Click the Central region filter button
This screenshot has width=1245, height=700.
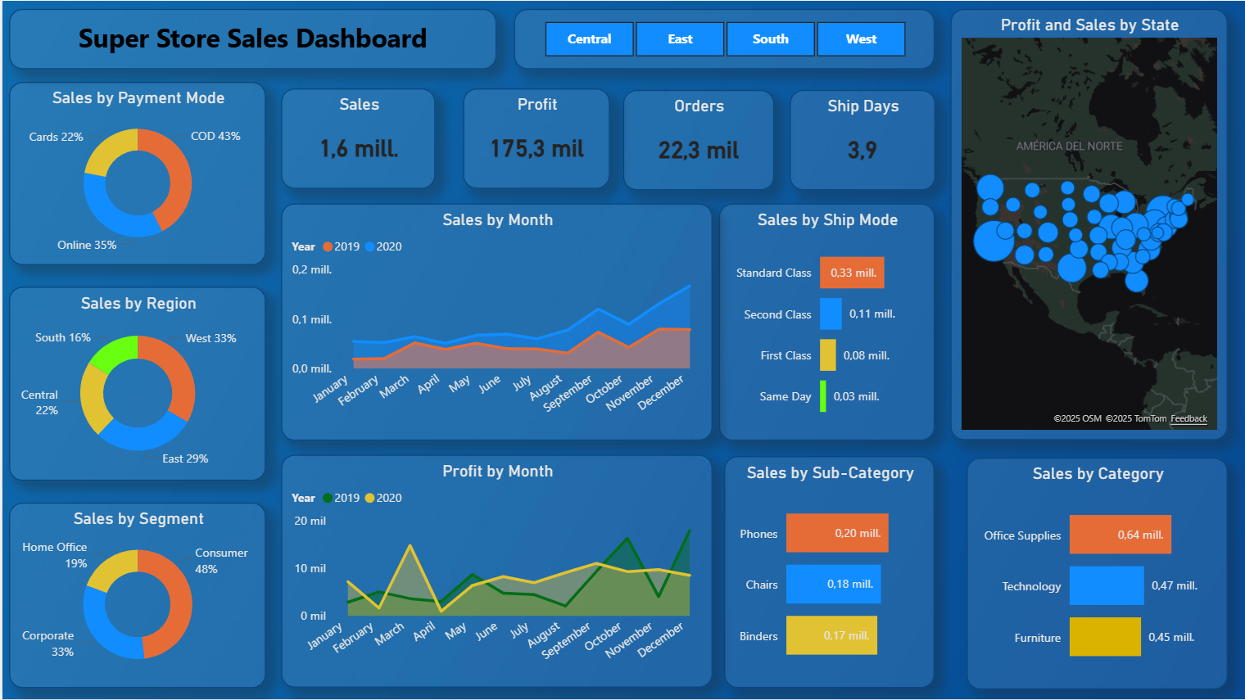589,39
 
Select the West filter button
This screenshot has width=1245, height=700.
861,39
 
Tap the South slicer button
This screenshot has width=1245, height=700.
770,39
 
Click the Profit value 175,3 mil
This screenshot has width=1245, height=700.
536,149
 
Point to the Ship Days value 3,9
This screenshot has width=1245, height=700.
862,151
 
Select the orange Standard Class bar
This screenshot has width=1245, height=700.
852,273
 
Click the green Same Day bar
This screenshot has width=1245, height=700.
823,396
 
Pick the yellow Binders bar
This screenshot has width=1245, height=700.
831,635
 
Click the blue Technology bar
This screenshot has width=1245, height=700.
1106,585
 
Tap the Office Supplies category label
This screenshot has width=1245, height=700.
1022,535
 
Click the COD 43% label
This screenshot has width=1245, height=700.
215,136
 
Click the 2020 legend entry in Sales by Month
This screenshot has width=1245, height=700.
383,246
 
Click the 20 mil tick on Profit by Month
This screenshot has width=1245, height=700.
310,521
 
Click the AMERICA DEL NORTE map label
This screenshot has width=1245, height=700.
1069,146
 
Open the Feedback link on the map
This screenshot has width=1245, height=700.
1188,418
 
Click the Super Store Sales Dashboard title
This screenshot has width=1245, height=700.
252,38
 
